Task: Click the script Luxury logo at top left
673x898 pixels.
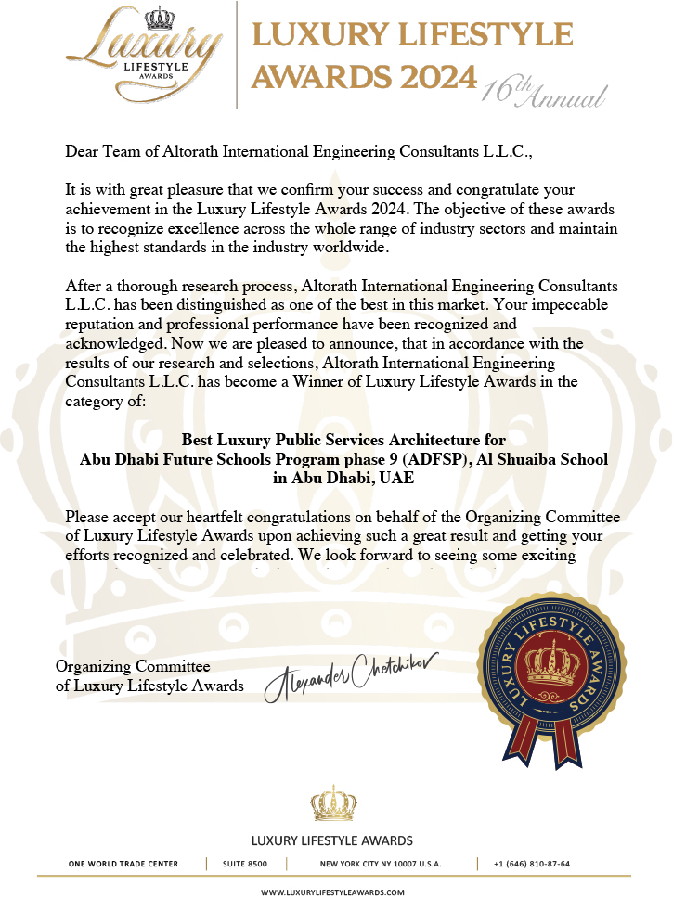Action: pyautogui.click(x=149, y=46)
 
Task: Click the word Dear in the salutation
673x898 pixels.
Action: pyautogui.click(x=82, y=150)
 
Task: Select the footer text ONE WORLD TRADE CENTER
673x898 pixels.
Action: pyautogui.click(x=123, y=864)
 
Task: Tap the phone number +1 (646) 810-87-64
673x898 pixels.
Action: pyautogui.click(x=532, y=864)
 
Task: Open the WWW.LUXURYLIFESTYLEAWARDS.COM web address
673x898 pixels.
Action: pyautogui.click(x=332, y=892)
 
